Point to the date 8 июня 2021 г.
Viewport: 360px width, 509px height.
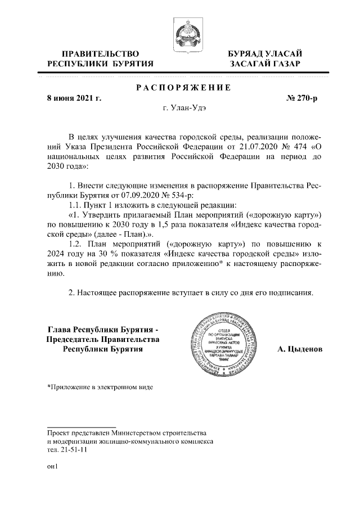[x=74, y=98]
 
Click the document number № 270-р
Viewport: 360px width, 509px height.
[x=302, y=98]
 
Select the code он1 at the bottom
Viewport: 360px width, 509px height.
[x=52, y=466]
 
